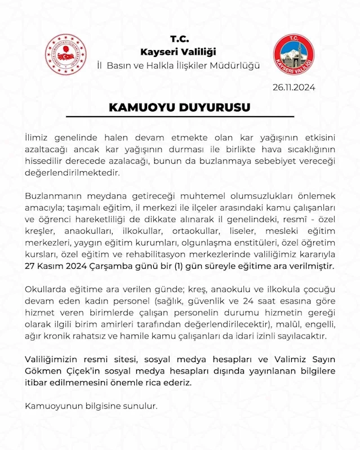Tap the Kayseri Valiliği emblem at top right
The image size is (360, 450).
(x=294, y=55)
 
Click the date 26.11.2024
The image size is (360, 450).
(x=294, y=87)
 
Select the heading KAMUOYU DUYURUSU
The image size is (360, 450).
(x=179, y=107)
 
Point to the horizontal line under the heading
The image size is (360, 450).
(x=180, y=117)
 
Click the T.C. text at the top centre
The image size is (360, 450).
(x=179, y=39)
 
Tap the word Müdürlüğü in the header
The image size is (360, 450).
(x=235, y=65)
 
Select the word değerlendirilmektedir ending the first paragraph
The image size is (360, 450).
(x=73, y=173)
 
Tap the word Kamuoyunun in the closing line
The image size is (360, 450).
(x=53, y=405)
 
